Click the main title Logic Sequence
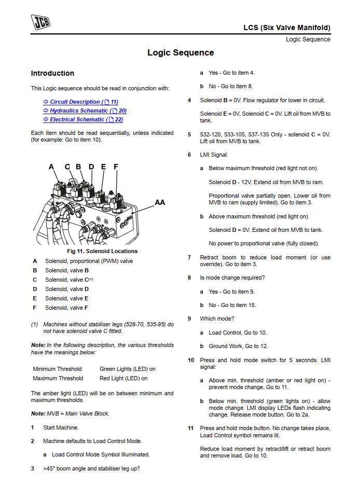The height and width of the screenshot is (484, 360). click(x=181, y=52)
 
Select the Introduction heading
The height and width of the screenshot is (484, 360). click(x=52, y=73)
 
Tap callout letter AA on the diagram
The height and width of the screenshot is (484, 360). click(x=160, y=202)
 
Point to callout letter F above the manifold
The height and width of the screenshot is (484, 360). click(x=116, y=167)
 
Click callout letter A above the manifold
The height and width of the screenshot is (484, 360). click(x=51, y=167)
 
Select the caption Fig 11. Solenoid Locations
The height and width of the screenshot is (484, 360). click(x=102, y=252)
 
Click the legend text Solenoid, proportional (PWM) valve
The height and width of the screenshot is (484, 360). click(x=89, y=261)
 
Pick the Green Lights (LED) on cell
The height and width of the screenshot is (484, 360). click(x=127, y=369)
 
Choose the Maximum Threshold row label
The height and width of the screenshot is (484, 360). click(x=58, y=378)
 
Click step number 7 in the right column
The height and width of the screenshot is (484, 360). click(x=189, y=257)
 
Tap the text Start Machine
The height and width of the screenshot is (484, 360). click(x=61, y=427)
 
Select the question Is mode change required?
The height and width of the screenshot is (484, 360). click(x=232, y=278)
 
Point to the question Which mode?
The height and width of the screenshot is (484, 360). click(x=217, y=319)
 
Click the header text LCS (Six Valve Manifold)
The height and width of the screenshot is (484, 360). click(x=286, y=27)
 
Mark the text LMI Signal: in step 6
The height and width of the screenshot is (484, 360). click(x=214, y=155)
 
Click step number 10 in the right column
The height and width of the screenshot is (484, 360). click(x=191, y=360)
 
